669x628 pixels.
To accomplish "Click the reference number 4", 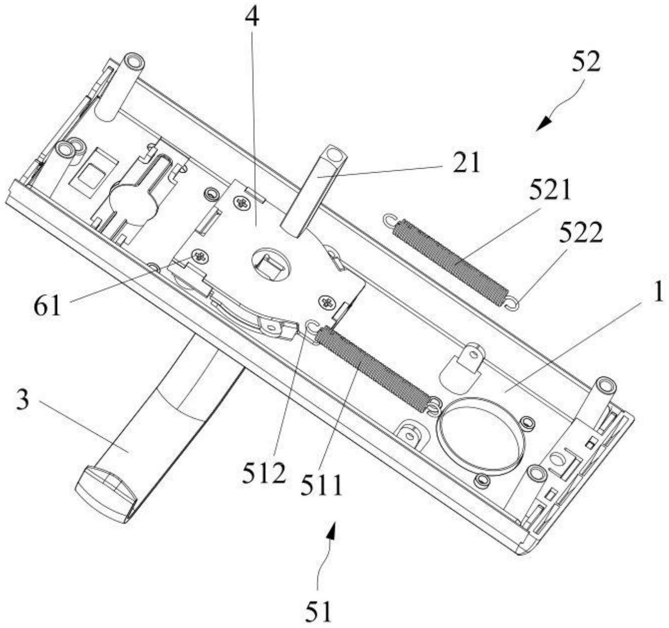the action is point(252,17).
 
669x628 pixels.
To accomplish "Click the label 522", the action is point(580,233).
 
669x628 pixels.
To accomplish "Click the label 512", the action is point(264,473).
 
